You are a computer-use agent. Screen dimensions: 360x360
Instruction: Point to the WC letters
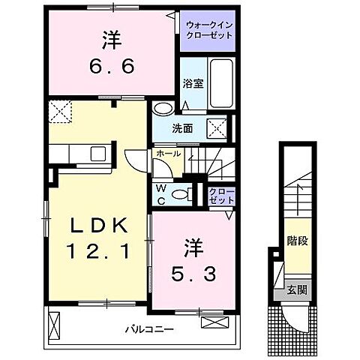(161, 194)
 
